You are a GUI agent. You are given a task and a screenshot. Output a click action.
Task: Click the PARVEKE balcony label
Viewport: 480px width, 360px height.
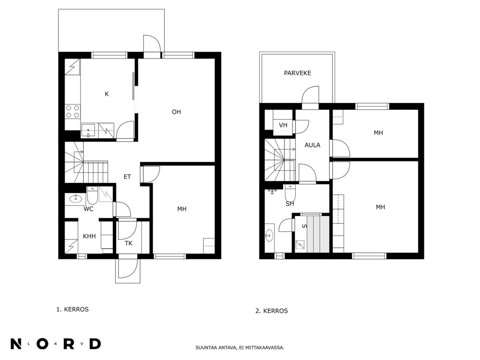[x=297, y=73]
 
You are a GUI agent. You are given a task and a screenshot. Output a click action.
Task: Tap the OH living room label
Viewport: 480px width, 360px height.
[x=176, y=112]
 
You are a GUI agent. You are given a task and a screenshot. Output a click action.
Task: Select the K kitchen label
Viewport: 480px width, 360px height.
[x=107, y=94]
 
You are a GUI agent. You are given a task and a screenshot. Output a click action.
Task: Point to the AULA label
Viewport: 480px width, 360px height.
[x=312, y=145]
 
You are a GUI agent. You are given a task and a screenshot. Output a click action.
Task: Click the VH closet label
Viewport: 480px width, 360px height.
[x=283, y=125]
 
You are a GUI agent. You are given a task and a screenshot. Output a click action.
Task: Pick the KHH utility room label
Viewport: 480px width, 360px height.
[x=89, y=236]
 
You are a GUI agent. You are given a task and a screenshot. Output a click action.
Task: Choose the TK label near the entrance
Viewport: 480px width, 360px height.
[x=129, y=243]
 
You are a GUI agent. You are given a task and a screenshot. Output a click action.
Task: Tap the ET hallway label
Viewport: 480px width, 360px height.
[x=127, y=177]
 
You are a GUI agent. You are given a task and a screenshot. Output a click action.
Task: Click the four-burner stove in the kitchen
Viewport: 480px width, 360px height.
[x=73, y=111]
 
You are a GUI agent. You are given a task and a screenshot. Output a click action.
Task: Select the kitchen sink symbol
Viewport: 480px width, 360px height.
[x=88, y=131]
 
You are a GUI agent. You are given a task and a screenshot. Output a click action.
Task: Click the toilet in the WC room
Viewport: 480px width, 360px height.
[x=92, y=195]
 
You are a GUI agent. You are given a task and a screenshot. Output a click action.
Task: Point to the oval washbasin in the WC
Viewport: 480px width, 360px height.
[x=76, y=199]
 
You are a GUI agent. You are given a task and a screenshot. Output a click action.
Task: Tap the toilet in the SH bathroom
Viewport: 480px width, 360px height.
[x=290, y=193]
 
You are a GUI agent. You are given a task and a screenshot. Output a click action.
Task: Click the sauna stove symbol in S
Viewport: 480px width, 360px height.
[x=300, y=245]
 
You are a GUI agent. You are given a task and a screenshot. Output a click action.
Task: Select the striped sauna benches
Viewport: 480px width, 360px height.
[x=318, y=234]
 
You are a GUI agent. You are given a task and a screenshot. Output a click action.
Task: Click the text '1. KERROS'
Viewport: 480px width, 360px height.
[x=72, y=309]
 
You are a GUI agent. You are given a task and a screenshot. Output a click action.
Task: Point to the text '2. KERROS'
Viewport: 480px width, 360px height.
[x=271, y=310]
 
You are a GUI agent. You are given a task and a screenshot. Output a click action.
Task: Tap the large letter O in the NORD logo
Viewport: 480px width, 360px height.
[x=43, y=344]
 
